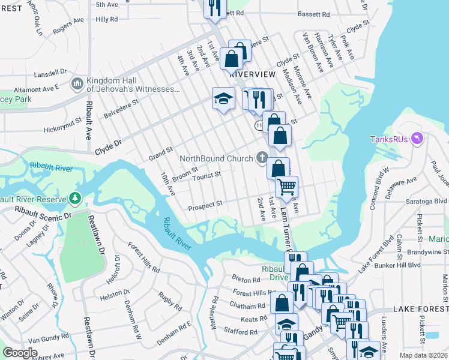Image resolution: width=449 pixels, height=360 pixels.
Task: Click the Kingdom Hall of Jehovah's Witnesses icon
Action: coord(77,83)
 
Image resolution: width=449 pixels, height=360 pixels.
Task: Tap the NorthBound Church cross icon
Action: coord(261,158)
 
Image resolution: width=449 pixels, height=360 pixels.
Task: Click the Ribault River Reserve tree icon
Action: coord(74,197)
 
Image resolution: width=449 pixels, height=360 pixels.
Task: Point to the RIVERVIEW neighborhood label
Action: coord(252,74)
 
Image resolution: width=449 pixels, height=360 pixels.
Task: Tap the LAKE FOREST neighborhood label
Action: coord(420,308)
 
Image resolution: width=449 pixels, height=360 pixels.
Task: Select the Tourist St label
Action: coord(207,175)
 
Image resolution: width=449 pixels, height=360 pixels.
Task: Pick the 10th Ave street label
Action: coord(167,184)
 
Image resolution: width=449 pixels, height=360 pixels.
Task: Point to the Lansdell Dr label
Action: coord(50,72)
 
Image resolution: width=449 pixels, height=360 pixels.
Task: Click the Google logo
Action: coord(20,353)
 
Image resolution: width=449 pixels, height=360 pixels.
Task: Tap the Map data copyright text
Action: coord(423,356)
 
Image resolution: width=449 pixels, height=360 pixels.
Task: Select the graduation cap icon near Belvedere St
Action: coord(223,98)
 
